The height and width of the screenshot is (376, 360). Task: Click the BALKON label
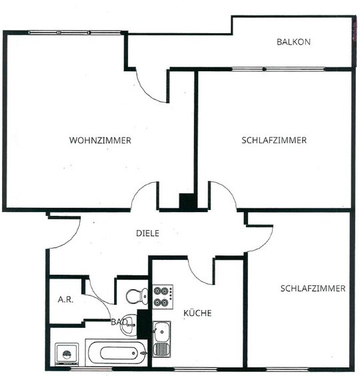pos(293,42)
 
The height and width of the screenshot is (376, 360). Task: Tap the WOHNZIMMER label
pos(100,140)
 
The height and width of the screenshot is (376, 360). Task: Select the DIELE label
pos(147,233)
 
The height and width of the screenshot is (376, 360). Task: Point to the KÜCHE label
pos(197,313)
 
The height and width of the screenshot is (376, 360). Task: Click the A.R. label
pos(65,299)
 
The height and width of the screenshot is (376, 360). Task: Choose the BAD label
pos(119,322)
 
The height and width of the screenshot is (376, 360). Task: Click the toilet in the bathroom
pos(137,296)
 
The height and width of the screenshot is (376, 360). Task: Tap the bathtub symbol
pos(117,353)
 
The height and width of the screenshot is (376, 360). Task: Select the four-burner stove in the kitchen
pos(163,297)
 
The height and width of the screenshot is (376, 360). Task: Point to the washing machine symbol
pos(67,354)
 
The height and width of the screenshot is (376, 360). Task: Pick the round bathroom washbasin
pos(129,325)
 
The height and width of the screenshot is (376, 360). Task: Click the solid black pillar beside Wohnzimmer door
pos(188,201)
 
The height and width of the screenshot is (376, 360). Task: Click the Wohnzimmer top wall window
pos(75,33)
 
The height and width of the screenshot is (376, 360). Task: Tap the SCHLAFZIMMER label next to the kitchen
pos(313,288)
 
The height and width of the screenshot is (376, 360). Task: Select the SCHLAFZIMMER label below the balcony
pos(274,140)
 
